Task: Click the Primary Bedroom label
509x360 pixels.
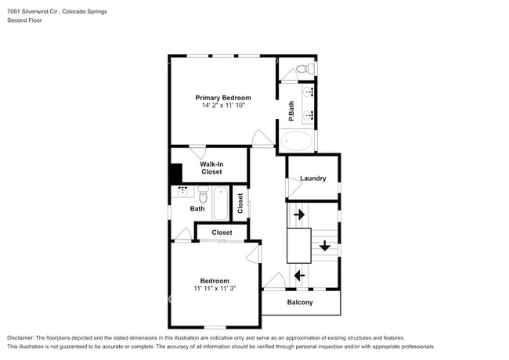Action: (x=223, y=98)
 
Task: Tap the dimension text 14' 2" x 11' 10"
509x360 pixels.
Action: (x=223, y=106)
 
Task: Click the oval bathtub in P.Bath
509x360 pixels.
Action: (x=298, y=141)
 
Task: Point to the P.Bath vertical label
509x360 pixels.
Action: (x=291, y=112)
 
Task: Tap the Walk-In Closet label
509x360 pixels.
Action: (x=211, y=167)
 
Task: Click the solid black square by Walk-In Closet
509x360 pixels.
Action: (x=176, y=173)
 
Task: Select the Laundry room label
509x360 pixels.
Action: (x=312, y=178)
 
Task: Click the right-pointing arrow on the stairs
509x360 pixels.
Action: (x=298, y=214)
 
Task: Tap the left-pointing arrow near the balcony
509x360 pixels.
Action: (x=298, y=275)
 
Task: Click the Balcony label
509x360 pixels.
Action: (x=300, y=302)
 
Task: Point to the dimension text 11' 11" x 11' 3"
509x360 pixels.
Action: (x=214, y=288)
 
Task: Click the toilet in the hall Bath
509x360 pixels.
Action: (x=203, y=193)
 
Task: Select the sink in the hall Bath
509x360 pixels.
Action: (x=182, y=190)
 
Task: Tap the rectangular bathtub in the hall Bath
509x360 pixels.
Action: (x=221, y=203)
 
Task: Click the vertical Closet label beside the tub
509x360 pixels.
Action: (x=240, y=203)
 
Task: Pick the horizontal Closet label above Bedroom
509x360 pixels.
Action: (x=222, y=232)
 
